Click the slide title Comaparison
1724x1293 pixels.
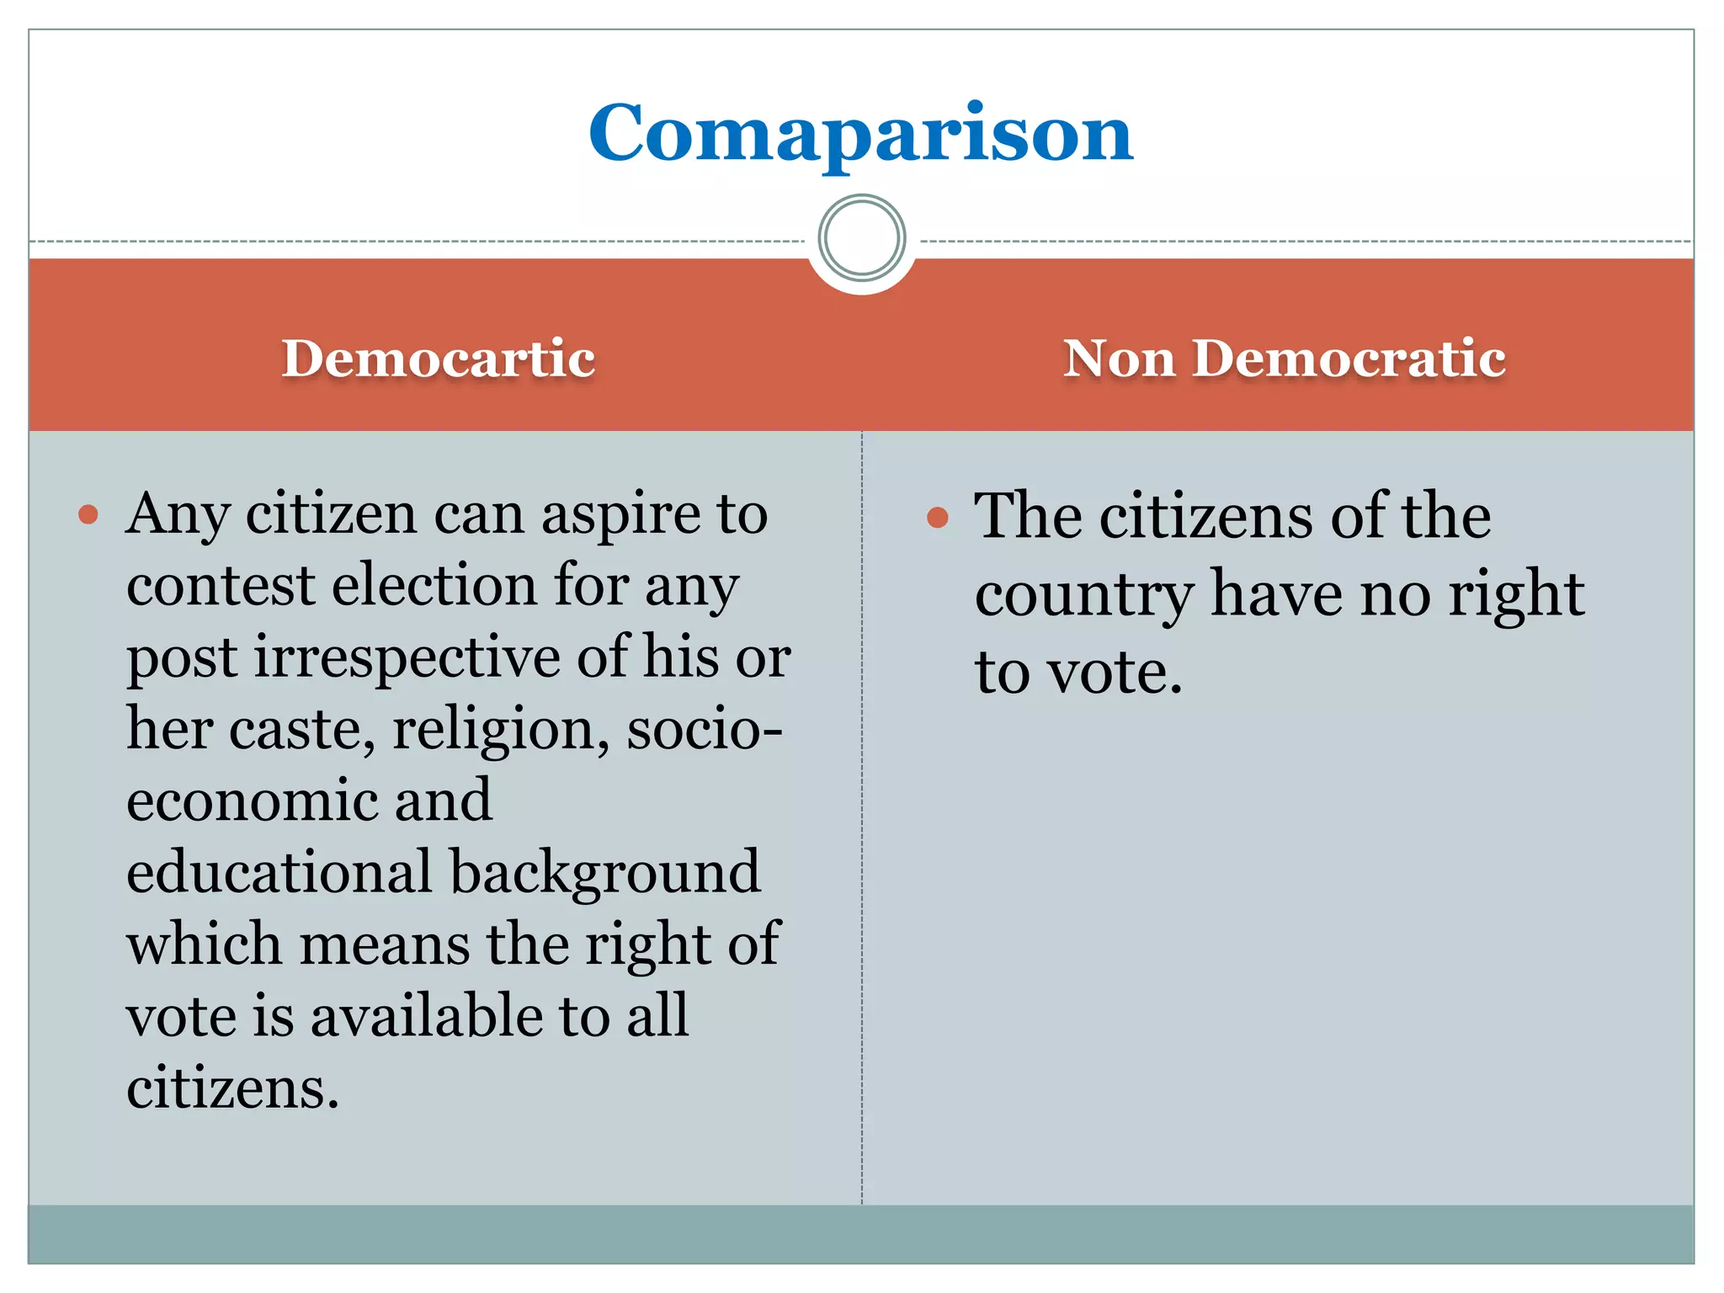pos(860,134)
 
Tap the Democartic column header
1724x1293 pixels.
pos(438,359)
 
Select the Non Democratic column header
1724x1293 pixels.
pos(1284,359)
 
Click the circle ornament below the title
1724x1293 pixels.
pos(861,238)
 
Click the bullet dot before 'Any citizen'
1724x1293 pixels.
pos(88,514)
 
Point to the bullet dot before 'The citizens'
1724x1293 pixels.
pos(937,517)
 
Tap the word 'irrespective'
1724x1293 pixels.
pos(407,657)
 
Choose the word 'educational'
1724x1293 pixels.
pos(279,872)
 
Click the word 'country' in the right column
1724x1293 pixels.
pos(1083,595)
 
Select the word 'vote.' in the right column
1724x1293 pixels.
pos(1115,673)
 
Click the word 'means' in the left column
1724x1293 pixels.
pos(384,944)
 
